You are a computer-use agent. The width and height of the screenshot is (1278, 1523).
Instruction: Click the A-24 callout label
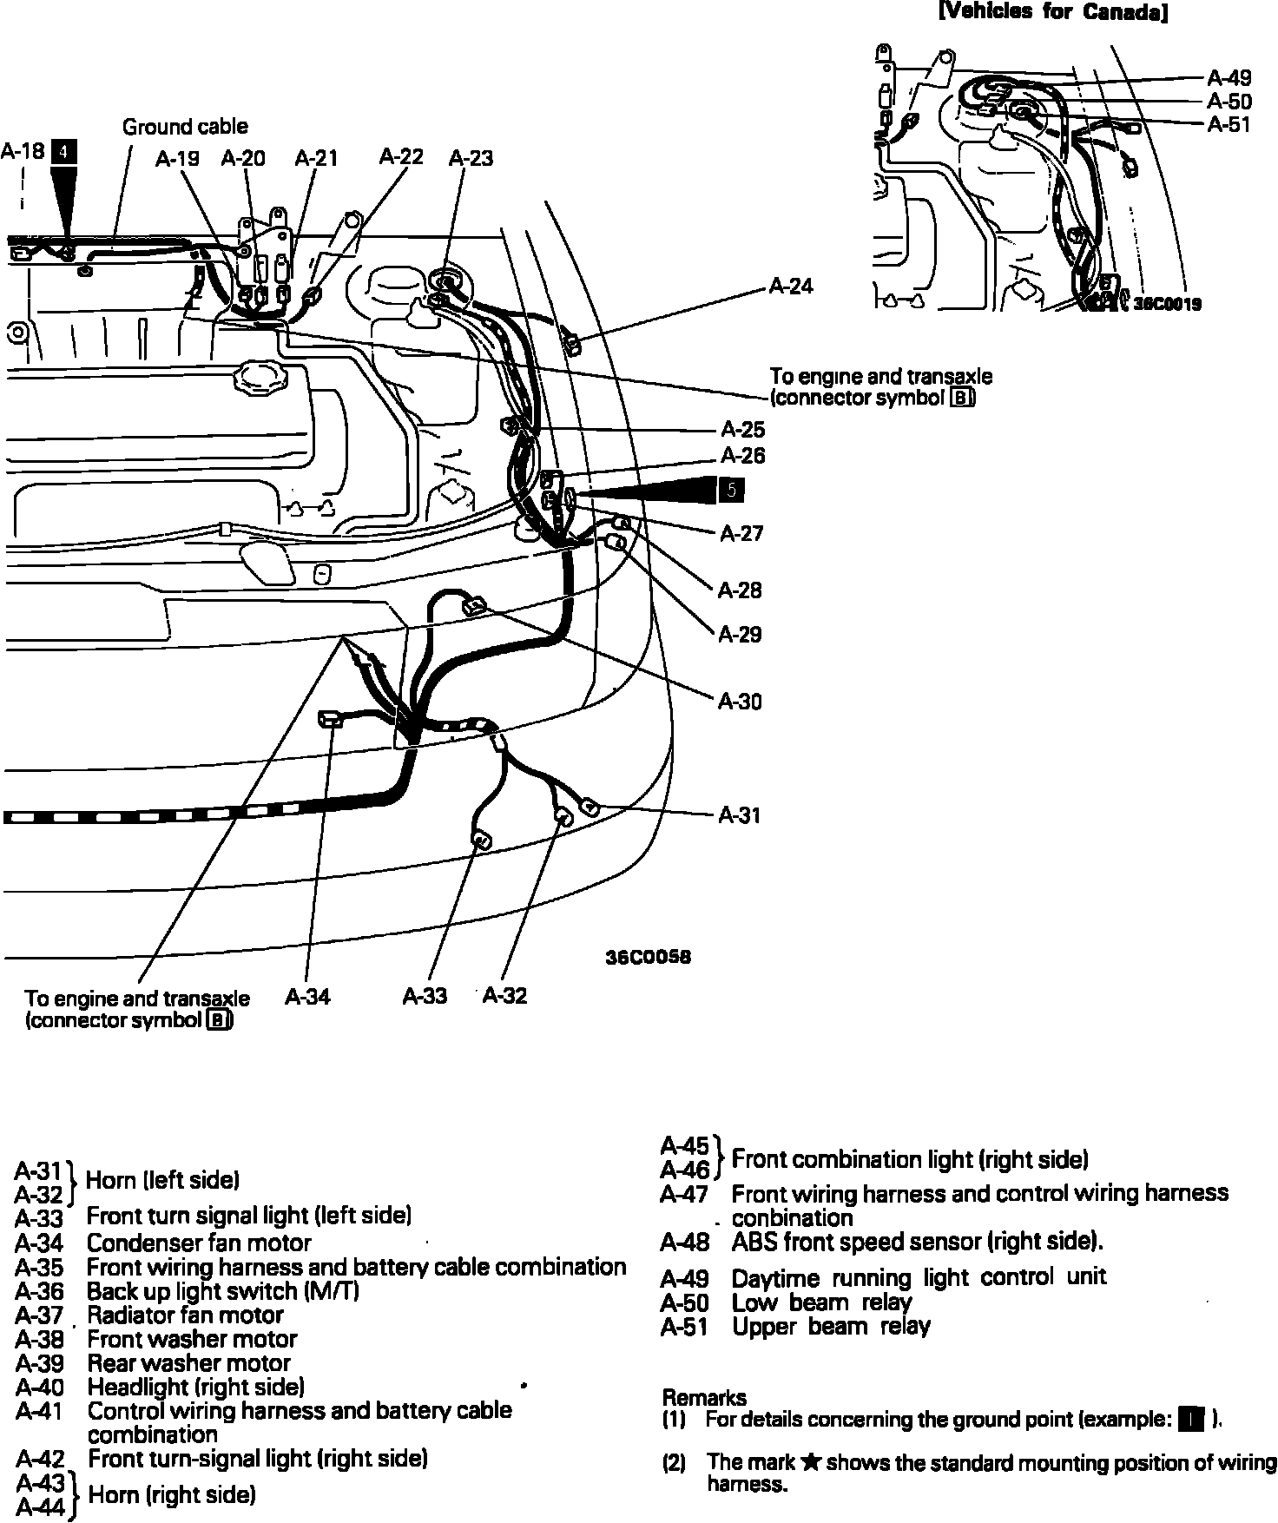click(791, 287)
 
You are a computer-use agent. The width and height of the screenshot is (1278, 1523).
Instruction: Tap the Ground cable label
click(184, 127)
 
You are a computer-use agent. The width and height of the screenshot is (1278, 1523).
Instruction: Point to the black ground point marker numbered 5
click(731, 491)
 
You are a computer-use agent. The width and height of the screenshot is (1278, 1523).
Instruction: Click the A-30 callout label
click(740, 701)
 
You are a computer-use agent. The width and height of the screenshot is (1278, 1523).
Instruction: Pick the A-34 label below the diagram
click(307, 996)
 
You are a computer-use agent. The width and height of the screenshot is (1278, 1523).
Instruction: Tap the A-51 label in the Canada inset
click(1229, 125)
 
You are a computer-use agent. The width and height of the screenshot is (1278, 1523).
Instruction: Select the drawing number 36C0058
click(648, 958)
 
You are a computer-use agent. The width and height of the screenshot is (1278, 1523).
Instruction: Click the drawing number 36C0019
click(1167, 304)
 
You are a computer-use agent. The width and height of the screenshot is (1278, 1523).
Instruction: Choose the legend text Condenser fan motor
click(199, 1243)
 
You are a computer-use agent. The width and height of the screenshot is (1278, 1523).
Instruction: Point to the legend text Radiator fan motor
click(185, 1315)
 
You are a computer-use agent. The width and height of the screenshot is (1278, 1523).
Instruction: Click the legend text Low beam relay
click(821, 1302)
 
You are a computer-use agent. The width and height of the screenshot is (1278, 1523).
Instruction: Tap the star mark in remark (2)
click(810, 1463)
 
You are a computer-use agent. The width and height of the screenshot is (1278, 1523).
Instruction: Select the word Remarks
click(704, 1397)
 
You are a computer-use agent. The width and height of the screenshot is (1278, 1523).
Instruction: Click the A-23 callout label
click(471, 158)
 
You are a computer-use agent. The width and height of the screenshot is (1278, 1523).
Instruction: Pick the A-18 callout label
click(23, 151)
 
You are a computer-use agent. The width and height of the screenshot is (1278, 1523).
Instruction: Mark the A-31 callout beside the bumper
click(740, 814)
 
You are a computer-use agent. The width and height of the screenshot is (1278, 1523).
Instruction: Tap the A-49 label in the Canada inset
click(1229, 78)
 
